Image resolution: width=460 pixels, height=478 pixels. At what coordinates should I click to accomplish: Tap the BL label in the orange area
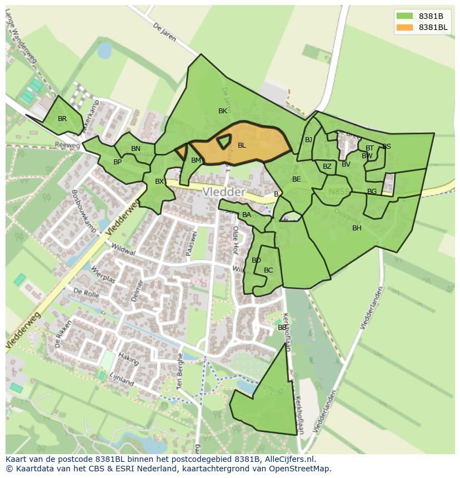click(242, 145)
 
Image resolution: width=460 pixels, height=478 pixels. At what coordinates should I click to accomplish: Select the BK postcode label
click(223, 111)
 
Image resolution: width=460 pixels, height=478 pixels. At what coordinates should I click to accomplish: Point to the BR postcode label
click(62, 119)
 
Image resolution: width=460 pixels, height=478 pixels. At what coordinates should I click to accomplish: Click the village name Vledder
click(224, 192)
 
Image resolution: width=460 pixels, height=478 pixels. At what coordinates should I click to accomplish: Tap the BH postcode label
click(357, 228)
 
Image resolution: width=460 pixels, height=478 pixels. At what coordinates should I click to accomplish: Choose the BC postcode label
click(268, 270)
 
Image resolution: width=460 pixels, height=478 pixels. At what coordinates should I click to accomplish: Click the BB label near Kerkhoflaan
click(282, 328)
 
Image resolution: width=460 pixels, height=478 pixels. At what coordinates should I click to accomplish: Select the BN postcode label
click(136, 149)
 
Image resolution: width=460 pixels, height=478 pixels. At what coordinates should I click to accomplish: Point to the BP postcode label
click(117, 162)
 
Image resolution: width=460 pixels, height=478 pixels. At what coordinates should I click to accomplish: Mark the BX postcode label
click(159, 182)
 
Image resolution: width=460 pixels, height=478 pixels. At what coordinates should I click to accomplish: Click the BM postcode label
click(196, 160)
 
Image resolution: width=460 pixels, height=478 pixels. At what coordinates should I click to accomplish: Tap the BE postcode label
click(296, 179)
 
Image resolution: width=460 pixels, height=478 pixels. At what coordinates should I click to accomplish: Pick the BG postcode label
click(372, 192)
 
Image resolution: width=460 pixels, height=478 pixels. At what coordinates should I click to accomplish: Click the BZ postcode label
click(327, 167)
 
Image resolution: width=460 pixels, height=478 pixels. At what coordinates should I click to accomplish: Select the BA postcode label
click(247, 215)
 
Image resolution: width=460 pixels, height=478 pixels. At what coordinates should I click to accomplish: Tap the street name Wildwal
click(123, 249)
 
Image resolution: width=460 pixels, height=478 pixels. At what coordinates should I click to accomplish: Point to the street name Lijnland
click(122, 380)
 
